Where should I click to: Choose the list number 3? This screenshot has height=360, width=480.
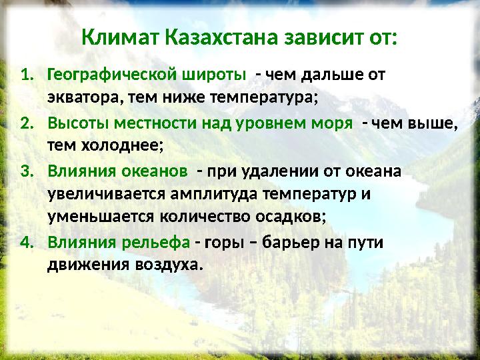click(27, 172)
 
